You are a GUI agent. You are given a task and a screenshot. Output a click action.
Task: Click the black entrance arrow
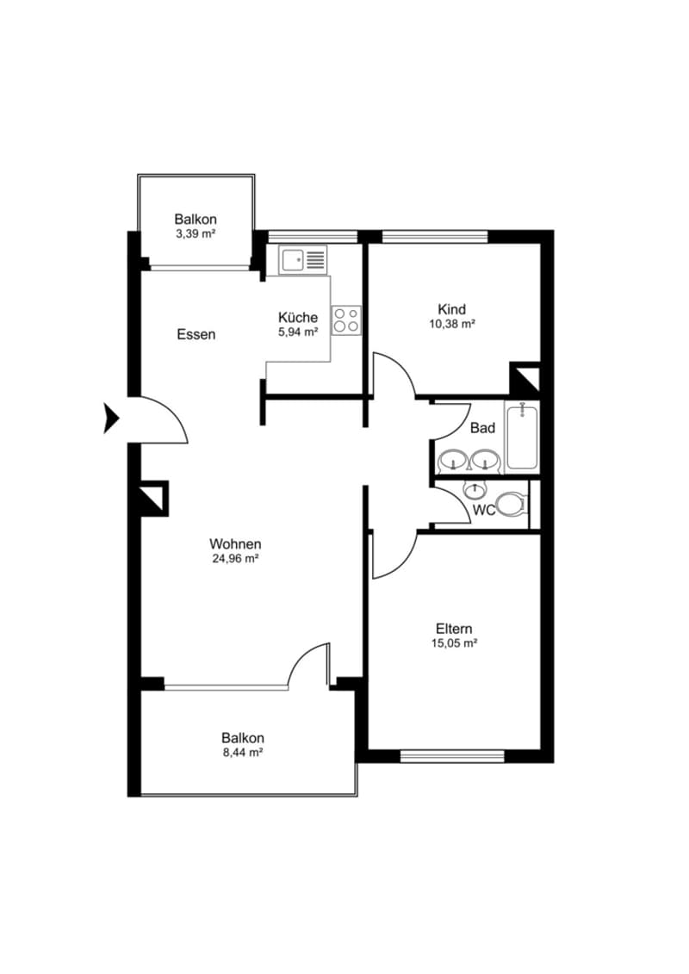(x=111, y=418)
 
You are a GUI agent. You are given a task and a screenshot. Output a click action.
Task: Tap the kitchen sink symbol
(x=303, y=260)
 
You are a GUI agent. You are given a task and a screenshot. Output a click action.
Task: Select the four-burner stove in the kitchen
(x=347, y=319)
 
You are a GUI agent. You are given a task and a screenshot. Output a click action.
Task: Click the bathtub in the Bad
(x=522, y=436)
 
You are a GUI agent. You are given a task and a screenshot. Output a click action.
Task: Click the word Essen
(x=196, y=335)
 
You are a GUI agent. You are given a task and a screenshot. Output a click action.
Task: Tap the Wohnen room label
(x=235, y=544)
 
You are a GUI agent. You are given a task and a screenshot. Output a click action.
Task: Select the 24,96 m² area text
(x=235, y=559)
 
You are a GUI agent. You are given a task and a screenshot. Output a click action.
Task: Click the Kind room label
(x=451, y=309)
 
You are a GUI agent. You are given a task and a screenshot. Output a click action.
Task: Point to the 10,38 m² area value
(x=451, y=324)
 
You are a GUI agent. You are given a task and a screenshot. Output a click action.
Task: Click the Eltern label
(x=454, y=629)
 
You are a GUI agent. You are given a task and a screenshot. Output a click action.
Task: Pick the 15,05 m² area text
(x=454, y=643)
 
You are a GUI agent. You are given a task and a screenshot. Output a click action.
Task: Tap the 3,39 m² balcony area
(x=196, y=234)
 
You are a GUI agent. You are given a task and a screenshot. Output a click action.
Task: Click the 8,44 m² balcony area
(x=242, y=753)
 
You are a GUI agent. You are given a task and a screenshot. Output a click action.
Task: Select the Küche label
(x=298, y=318)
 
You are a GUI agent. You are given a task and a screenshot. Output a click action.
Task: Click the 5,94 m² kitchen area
(x=298, y=332)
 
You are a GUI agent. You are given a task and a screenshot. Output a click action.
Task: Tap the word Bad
(x=483, y=428)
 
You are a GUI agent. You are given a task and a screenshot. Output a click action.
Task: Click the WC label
(x=485, y=511)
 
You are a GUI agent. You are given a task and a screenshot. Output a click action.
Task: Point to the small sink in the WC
(x=475, y=489)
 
